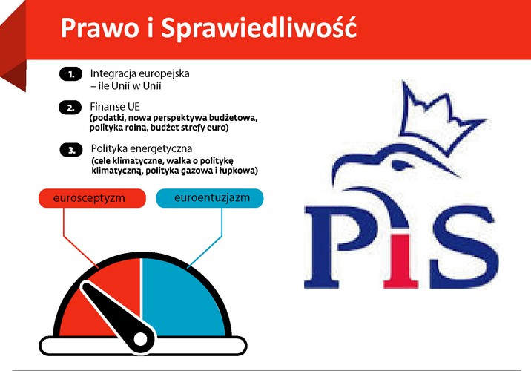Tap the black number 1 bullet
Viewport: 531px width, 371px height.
point(70,74)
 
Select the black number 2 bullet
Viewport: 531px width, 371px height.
point(70,108)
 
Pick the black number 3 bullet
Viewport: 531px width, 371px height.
point(70,149)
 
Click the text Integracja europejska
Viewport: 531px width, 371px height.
point(140,73)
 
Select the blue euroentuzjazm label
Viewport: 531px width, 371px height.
point(209,198)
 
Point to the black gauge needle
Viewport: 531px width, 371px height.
point(108,312)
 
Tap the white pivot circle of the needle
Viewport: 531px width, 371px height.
point(139,341)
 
